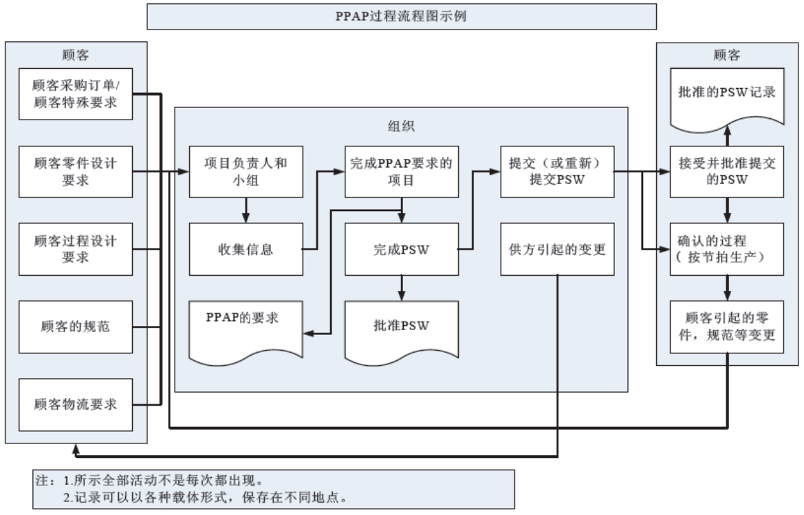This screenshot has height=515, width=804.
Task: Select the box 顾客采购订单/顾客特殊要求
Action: click(x=76, y=94)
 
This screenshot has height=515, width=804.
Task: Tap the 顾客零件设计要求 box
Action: click(x=76, y=171)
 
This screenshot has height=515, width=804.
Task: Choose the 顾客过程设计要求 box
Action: click(x=76, y=248)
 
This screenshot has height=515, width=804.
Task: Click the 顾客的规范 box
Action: click(x=76, y=326)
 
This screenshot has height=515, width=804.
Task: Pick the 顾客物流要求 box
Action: click(x=76, y=404)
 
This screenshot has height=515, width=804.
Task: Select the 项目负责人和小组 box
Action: click(x=246, y=171)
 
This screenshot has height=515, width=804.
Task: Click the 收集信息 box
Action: click(x=246, y=249)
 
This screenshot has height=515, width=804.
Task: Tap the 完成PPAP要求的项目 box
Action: click(x=401, y=171)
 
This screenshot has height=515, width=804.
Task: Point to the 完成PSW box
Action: click(x=401, y=249)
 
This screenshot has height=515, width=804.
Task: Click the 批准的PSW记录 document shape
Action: click(x=728, y=96)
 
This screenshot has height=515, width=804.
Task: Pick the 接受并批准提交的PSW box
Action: click(x=728, y=171)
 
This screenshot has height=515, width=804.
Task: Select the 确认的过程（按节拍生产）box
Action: click(x=728, y=249)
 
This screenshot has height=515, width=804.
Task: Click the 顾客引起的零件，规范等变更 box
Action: click(x=728, y=327)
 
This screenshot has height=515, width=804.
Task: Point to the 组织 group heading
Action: click(x=401, y=127)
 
